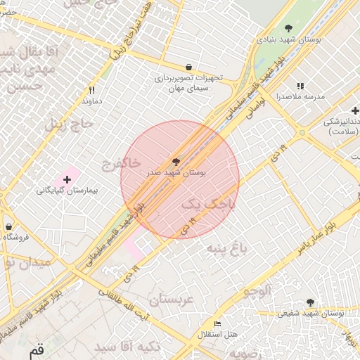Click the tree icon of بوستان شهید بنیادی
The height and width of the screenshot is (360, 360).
click(288, 28)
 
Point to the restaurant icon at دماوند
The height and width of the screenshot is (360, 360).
click(91, 90)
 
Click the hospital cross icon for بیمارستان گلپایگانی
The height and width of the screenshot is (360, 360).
click(67, 180)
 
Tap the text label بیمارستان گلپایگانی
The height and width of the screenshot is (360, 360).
click(67, 191)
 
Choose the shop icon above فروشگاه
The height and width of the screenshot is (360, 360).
click(8, 227)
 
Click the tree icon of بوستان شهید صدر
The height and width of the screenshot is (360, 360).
click(176, 162)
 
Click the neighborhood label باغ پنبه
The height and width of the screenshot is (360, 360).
click(229, 248)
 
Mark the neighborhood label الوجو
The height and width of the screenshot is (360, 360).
click(256, 290)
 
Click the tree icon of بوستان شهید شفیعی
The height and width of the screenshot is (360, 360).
click(310, 302)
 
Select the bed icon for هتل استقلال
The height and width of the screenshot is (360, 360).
click(217, 323)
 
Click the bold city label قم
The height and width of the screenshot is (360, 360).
click(35, 349)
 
